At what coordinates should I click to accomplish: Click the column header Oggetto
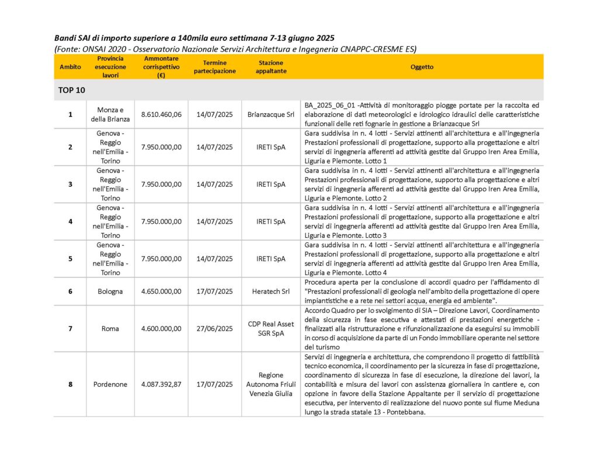tap(422, 67)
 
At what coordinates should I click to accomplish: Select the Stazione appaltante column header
tap(271, 67)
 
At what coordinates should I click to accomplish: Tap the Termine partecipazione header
tap(215, 67)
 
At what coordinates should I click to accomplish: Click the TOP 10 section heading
tap(72, 90)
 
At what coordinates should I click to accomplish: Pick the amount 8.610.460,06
tap(161, 114)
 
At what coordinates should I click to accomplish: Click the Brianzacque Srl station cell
tap(271, 114)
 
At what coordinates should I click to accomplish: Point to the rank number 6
tap(71, 291)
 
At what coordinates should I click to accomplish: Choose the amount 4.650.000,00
tap(161, 291)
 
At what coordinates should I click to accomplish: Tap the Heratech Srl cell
tap(271, 291)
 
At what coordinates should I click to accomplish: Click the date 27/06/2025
tap(215, 328)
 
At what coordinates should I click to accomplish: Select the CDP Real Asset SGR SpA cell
tap(271, 328)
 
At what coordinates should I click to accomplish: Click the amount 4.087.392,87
tap(161, 384)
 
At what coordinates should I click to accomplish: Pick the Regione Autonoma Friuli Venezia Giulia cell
tap(271, 384)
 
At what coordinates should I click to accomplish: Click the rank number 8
tap(71, 384)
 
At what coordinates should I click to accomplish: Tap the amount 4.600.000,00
tap(161, 328)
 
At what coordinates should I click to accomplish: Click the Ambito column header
tap(71, 67)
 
